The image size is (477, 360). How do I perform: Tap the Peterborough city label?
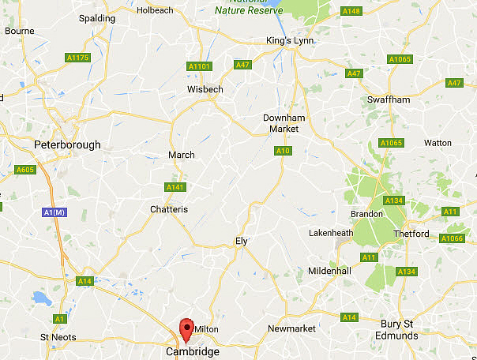pos(68,145)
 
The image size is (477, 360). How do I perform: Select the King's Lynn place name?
pos(290,40)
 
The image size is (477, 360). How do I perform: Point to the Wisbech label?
pos(205,90)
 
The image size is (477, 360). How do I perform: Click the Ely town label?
pos(242,241)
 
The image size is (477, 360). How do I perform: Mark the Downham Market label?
pos(283,123)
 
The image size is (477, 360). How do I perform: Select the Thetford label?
pos(411,234)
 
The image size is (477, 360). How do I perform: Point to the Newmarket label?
pos(291,328)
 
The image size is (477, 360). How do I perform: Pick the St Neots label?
pos(58,338)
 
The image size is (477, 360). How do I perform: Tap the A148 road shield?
pos(353,11)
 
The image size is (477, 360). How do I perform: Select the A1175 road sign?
pos(77,57)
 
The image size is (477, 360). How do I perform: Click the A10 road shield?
pos(283,151)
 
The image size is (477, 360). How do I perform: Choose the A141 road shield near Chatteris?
pos(175,187)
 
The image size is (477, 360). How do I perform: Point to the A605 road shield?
pos(25,170)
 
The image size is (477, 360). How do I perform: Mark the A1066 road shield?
pos(452,238)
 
